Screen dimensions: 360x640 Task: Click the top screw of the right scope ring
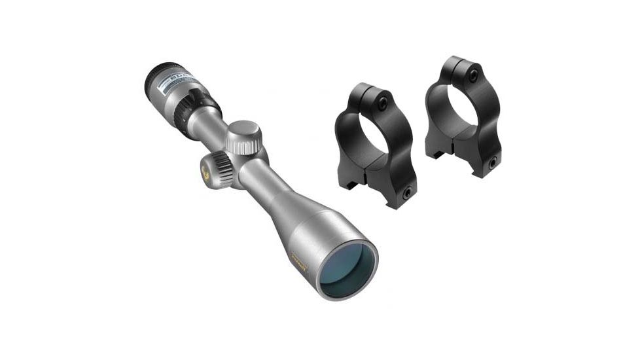[x=472, y=75]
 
